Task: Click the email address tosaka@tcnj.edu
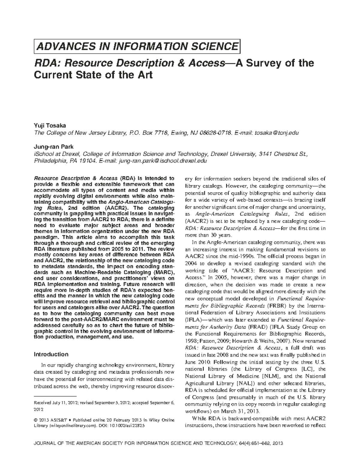coord(277,133)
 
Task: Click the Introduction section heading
coord(51,354)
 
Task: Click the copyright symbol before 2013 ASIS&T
coord(35,420)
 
